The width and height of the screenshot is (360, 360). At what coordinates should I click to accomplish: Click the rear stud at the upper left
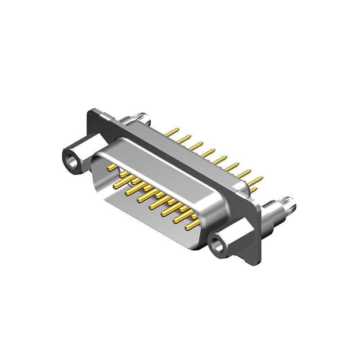(x=139, y=118)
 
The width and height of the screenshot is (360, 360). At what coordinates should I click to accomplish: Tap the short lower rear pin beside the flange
(x=253, y=191)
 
